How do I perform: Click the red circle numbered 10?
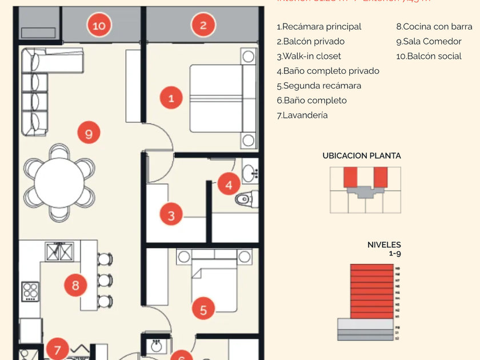click(99, 25)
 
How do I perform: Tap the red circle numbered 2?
click(203, 25)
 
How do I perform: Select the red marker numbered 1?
click(171, 98)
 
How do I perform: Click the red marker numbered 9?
click(89, 134)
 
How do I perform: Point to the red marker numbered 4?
click(229, 185)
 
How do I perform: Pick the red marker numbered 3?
click(171, 216)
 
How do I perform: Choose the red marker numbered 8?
click(75, 284)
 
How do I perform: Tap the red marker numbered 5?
click(203, 310)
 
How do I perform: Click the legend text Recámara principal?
click(319, 27)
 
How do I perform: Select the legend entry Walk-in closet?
click(309, 56)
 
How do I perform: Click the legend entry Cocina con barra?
click(434, 27)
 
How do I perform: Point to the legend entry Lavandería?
click(302, 115)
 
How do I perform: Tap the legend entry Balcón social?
click(429, 56)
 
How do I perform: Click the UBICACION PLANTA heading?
click(361, 155)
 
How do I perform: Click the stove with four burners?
click(30, 290)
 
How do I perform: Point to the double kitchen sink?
click(59, 251)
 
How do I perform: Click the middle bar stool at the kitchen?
click(104, 281)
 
